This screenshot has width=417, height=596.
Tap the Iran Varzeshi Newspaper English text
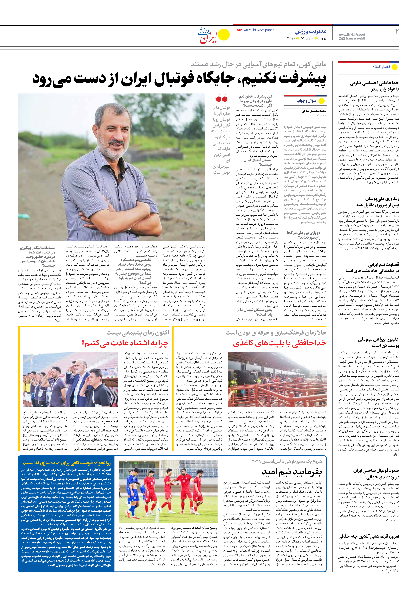click(x=254, y=30)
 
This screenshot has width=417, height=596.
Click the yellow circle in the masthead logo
click(x=224, y=35)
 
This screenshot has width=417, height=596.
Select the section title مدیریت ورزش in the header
click(x=310, y=32)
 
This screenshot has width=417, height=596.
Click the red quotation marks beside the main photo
click(x=221, y=98)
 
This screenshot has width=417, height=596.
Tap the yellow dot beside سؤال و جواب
click(x=322, y=101)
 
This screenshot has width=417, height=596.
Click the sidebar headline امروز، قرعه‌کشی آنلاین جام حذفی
click(x=368, y=536)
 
